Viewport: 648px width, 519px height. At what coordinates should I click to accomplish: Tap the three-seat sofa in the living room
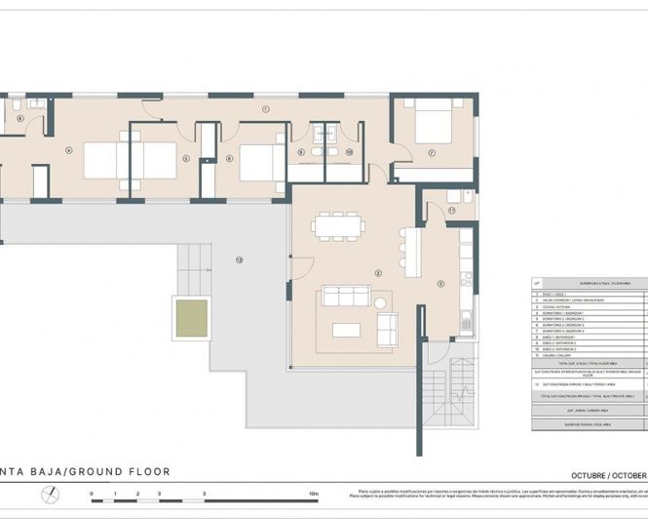[x=348, y=297]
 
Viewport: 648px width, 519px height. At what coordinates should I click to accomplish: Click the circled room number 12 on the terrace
[x=237, y=259]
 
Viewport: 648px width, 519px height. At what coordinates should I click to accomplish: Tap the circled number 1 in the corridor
[x=264, y=109]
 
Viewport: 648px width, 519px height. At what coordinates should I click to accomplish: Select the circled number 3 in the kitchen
[x=440, y=284]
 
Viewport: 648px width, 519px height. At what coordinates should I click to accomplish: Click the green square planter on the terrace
[x=191, y=316]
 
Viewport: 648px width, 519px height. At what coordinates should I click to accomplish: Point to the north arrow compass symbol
[x=51, y=495]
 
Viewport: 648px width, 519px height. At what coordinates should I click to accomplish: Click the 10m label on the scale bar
[x=313, y=496]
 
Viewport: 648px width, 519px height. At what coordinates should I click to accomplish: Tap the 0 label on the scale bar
[x=92, y=496]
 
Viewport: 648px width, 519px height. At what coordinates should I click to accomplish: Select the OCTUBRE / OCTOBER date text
[x=608, y=473]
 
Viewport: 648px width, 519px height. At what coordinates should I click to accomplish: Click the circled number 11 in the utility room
[x=451, y=210]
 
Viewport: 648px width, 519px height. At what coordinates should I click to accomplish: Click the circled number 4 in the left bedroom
[x=68, y=151]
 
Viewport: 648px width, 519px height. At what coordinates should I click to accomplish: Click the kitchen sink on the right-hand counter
[x=467, y=319]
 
